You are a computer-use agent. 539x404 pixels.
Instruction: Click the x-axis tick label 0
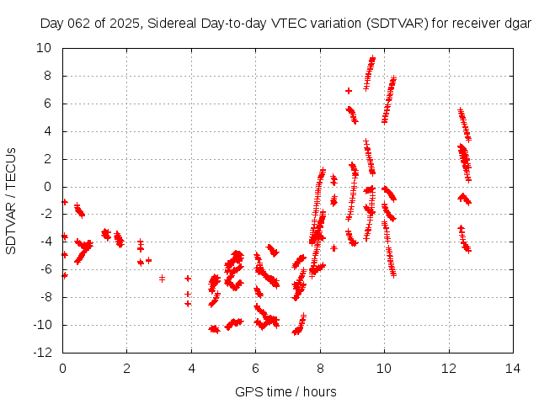tap(62, 368)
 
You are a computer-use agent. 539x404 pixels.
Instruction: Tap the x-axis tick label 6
tap(255, 368)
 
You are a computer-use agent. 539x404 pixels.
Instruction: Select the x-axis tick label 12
tap(448, 368)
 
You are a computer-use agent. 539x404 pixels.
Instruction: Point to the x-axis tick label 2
tap(127, 368)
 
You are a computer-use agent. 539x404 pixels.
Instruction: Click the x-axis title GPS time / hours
tap(286, 391)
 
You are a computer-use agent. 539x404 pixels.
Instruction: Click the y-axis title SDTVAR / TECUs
tap(12, 200)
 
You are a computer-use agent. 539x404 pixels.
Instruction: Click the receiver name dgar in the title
tap(517, 24)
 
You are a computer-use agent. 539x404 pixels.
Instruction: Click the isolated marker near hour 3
tap(162, 278)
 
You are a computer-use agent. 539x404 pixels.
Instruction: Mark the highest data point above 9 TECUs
tap(372, 58)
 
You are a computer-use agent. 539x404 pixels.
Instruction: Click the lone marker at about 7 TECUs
tap(348, 90)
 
